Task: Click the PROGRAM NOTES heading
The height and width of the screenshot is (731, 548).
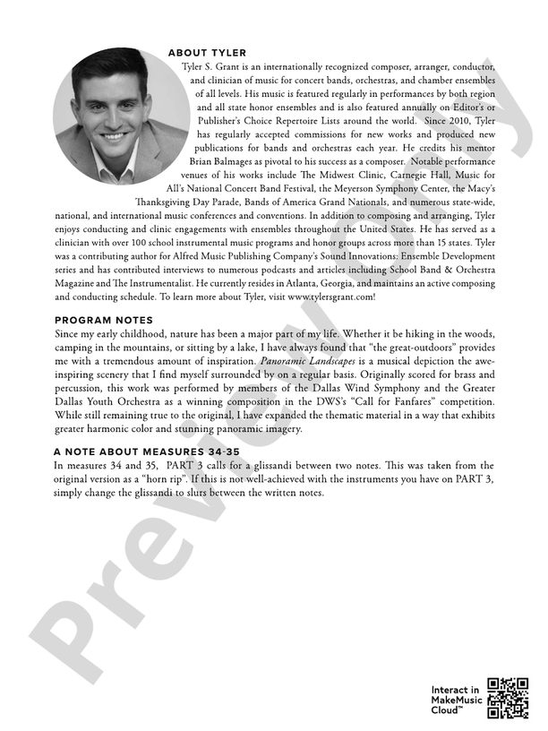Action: tap(103, 320)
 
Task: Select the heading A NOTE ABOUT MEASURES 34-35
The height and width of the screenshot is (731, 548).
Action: tap(147, 452)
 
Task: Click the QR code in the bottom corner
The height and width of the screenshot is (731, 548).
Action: tap(508, 699)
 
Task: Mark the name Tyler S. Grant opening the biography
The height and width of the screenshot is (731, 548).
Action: tap(213, 67)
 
